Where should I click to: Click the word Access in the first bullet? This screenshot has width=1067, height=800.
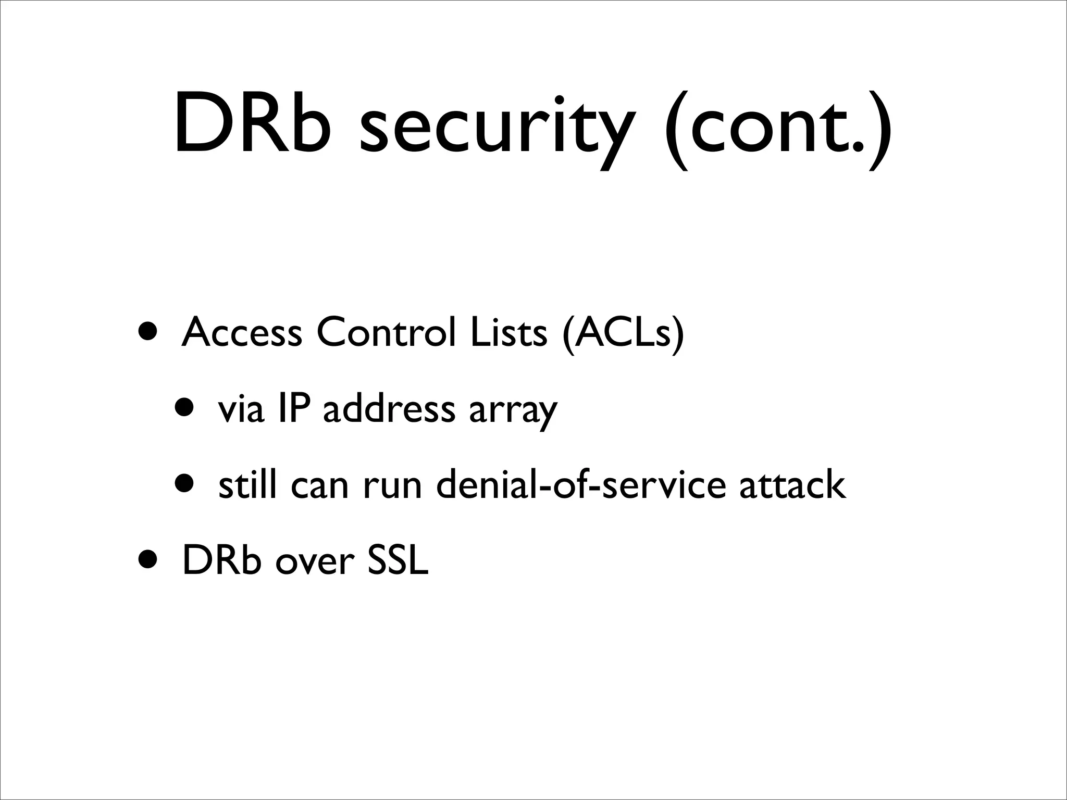click(x=242, y=333)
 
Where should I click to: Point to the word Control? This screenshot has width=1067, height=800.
click(x=386, y=333)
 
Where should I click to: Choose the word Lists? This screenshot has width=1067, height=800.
click(x=508, y=333)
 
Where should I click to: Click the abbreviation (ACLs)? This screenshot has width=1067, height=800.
click(x=623, y=334)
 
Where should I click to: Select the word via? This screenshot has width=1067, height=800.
click(x=241, y=409)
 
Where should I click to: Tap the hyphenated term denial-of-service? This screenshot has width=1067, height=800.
click(x=580, y=484)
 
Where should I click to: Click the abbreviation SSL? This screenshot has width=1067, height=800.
click(x=398, y=560)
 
